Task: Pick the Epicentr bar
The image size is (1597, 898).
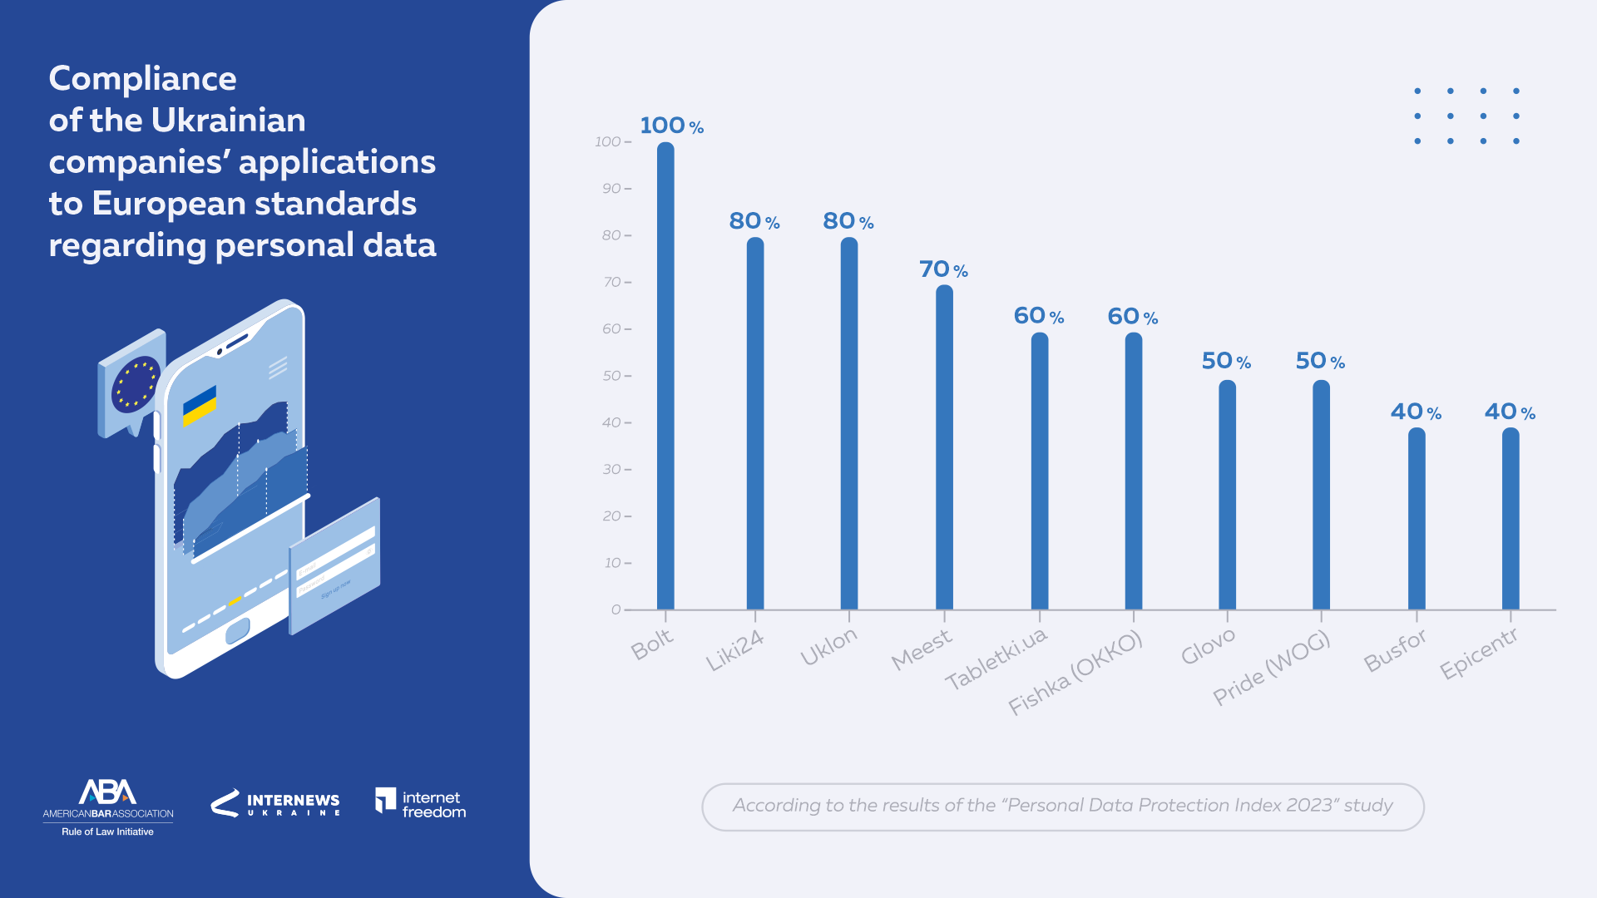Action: point(1510,519)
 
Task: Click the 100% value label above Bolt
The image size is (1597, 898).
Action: point(671,126)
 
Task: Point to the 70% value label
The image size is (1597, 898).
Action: point(943,269)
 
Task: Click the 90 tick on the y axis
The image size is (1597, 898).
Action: point(612,189)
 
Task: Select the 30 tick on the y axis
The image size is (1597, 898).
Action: point(612,470)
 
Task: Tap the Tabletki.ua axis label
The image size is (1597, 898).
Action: point(996,659)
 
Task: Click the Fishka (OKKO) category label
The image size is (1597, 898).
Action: point(1075,673)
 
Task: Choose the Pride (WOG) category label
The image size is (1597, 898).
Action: point(1270,668)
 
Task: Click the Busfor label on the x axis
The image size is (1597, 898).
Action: point(1395,650)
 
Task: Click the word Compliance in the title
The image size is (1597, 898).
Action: point(143,79)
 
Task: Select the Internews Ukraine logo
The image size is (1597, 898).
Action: point(275,803)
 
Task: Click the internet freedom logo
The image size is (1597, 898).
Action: point(421,803)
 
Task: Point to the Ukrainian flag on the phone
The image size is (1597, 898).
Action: point(200,406)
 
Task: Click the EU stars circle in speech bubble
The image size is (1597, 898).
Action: point(136,384)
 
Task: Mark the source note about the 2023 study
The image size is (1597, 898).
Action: point(1062,806)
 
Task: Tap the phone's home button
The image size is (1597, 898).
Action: point(237,631)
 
